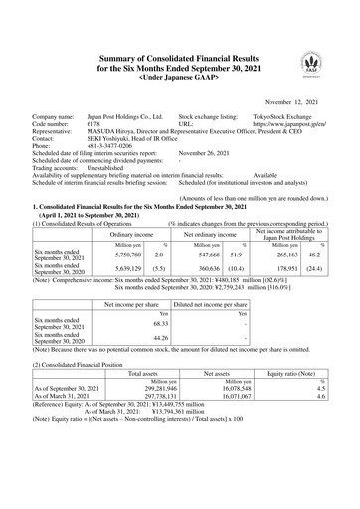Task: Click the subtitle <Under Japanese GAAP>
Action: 179,48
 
